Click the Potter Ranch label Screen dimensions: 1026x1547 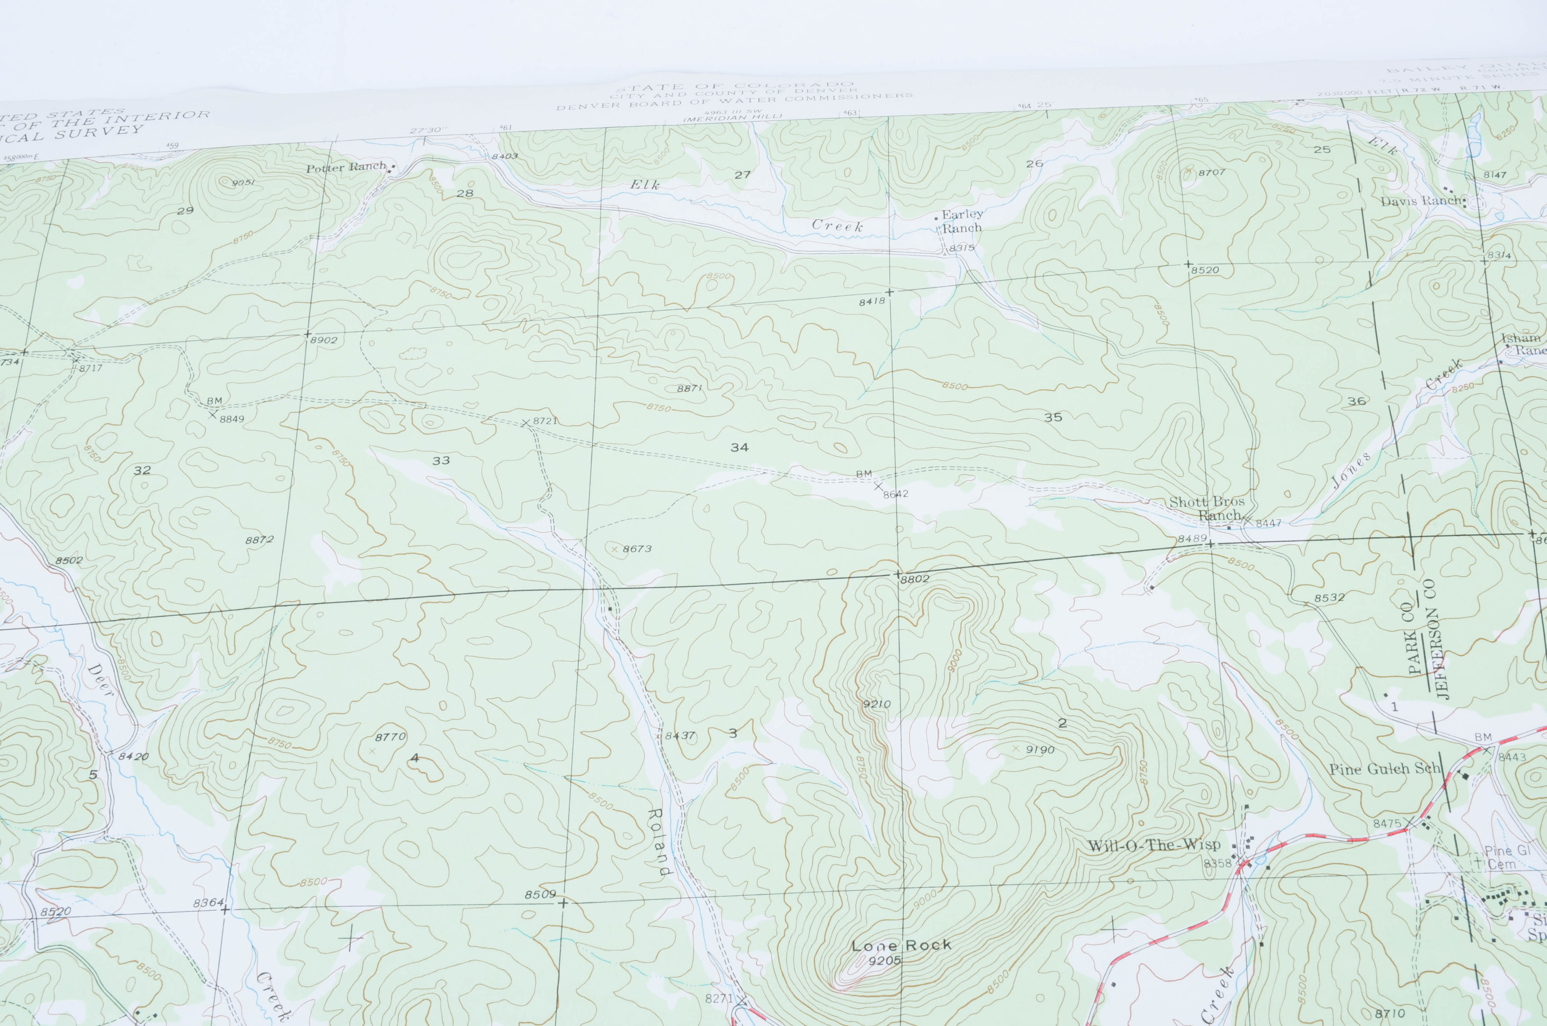tap(347, 168)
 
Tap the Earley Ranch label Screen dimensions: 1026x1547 tap(962, 221)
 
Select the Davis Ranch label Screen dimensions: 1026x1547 tap(1421, 201)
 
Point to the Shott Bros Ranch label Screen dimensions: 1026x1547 tap(1207, 508)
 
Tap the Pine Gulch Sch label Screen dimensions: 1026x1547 tap(1385, 769)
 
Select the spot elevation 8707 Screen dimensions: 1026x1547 tap(1211, 172)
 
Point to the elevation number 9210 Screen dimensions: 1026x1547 tap(877, 704)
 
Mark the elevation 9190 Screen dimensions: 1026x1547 tap(1040, 750)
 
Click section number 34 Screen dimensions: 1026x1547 tap(739, 448)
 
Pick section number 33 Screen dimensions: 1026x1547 tap(441, 461)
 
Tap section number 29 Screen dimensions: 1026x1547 tap(185, 211)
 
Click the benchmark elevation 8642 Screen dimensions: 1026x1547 tap(895, 494)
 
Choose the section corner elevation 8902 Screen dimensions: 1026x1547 tap(324, 340)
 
